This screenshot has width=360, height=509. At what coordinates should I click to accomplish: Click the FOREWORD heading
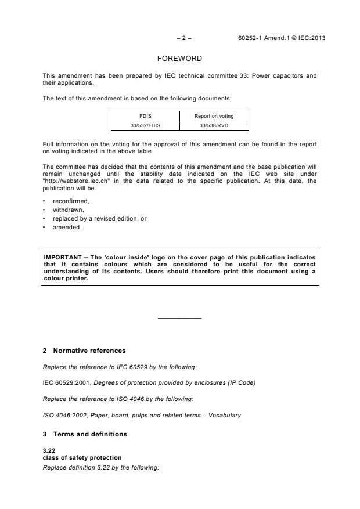(x=179, y=59)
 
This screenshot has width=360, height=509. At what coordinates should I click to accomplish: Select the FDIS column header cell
(x=145, y=115)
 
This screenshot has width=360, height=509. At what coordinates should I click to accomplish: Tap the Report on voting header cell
(x=214, y=115)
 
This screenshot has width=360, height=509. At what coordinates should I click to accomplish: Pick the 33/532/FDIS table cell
(x=145, y=124)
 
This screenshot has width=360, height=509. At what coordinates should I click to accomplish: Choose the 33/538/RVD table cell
(x=214, y=124)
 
